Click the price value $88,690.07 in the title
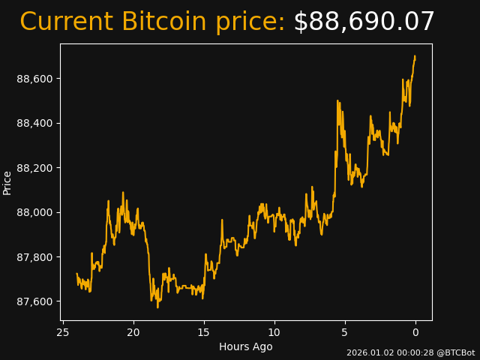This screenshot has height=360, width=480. (x=364, y=22)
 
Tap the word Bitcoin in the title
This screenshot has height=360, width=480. (x=163, y=22)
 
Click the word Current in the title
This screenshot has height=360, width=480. (x=66, y=22)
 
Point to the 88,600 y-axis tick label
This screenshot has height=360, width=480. (x=35, y=79)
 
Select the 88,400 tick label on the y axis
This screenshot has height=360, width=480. (x=35, y=123)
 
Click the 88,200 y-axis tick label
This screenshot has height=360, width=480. (x=35, y=168)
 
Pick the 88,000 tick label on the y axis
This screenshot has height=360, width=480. (x=35, y=212)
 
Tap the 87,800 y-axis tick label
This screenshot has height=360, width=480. (x=35, y=257)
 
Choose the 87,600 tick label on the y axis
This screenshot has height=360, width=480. (x=35, y=301)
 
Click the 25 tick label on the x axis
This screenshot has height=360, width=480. (x=63, y=332)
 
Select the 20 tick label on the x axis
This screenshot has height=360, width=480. (x=133, y=332)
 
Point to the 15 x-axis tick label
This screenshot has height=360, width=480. (x=204, y=332)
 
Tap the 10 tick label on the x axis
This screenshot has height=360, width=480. (x=274, y=332)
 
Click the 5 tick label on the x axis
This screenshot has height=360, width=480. (x=345, y=332)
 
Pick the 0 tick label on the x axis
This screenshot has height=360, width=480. (x=415, y=332)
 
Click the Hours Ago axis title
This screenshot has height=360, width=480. (x=245, y=346)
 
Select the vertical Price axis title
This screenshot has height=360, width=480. (x=7, y=182)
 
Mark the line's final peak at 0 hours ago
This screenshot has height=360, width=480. (x=415, y=56)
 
